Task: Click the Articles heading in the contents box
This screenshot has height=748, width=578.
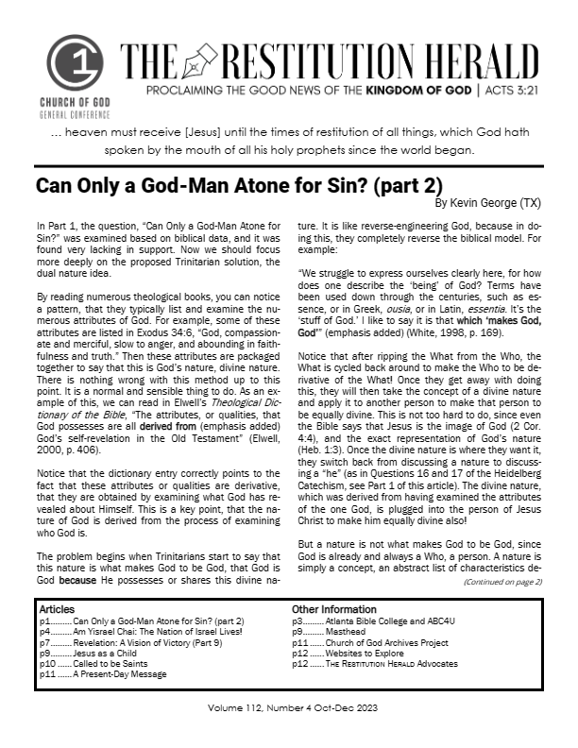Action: [x=57, y=609]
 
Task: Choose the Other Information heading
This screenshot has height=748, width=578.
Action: [x=334, y=609]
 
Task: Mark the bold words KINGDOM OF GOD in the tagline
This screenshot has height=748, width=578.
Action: [x=422, y=96]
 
